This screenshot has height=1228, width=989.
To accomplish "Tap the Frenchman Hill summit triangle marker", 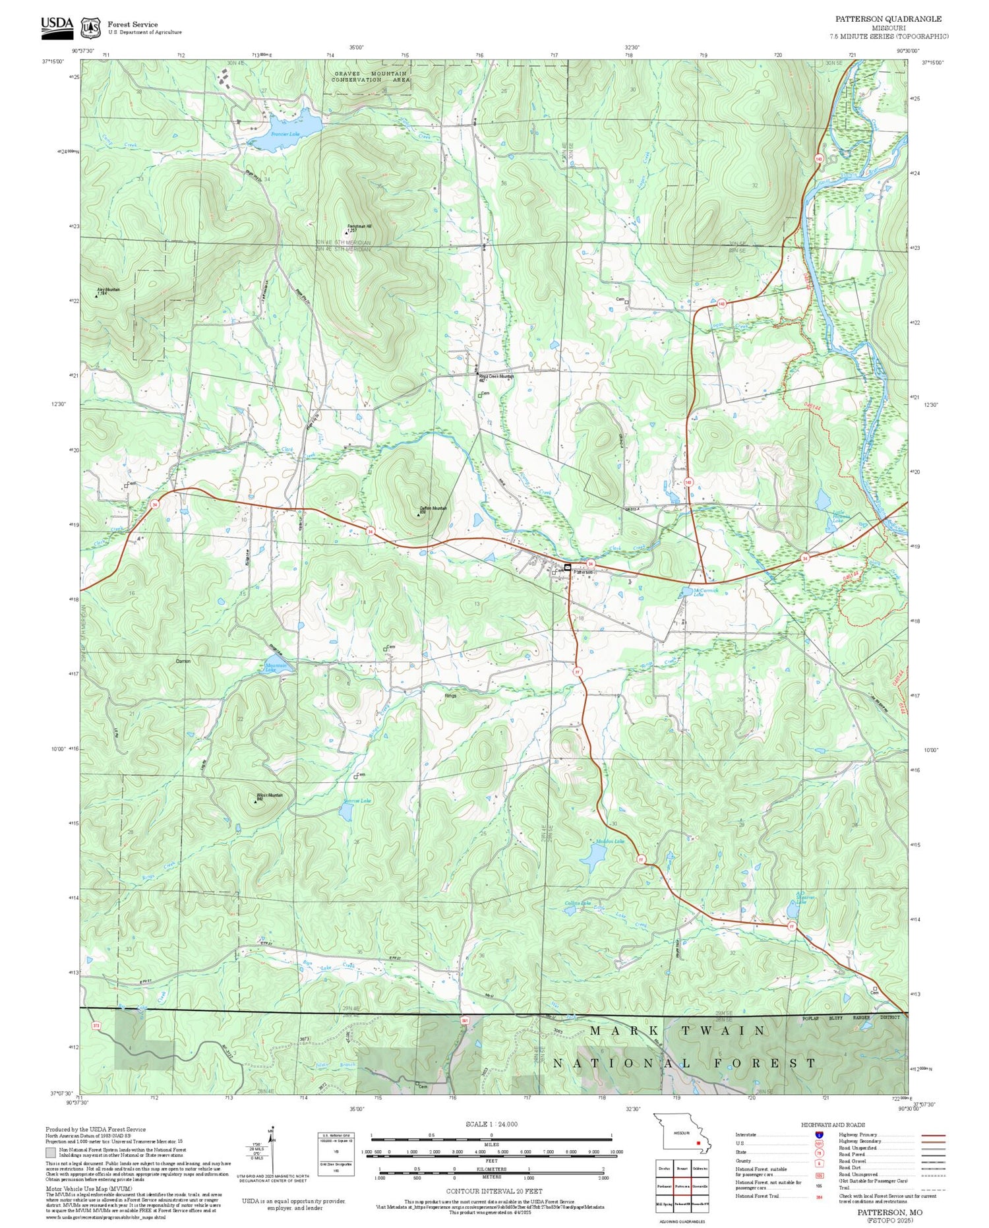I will pyautogui.click(x=347, y=233).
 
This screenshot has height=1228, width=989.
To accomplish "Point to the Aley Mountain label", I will pyautogui.click(x=109, y=290).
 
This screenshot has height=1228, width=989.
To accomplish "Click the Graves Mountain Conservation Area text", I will pyautogui.click(x=370, y=77).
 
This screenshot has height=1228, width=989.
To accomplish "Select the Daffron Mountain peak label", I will pyautogui.click(x=433, y=508).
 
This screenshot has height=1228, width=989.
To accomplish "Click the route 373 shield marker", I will pyautogui.click(x=97, y=1026).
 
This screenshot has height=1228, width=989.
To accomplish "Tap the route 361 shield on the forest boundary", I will pyautogui.click(x=465, y=1020).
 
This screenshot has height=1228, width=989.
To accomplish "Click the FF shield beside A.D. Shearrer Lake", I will pyautogui.click(x=792, y=927).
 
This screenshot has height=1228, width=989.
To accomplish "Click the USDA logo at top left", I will pyautogui.click(x=57, y=24).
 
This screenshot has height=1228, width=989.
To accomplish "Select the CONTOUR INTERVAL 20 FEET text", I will pyautogui.click(x=494, y=1191).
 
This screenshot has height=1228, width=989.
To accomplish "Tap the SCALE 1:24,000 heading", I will pyautogui.click(x=491, y=1124).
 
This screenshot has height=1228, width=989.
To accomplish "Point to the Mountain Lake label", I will pyautogui.click(x=276, y=667).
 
